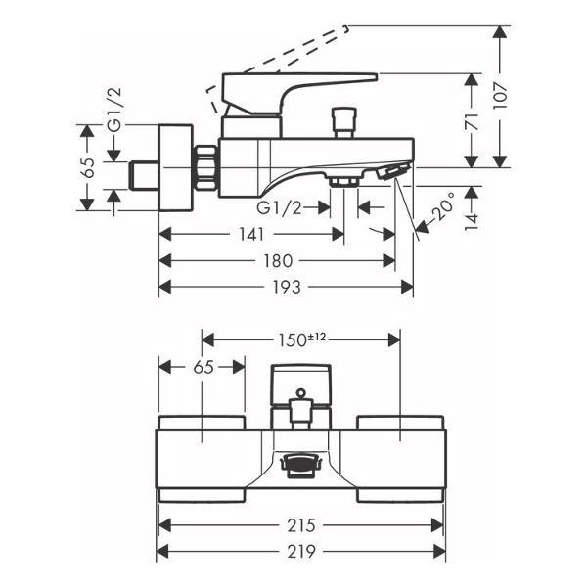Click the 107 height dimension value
500,96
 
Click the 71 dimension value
473,120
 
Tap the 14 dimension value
473,221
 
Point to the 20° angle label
443,206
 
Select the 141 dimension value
251,235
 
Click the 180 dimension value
278,261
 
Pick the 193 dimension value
287,287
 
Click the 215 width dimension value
301,525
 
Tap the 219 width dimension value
301,552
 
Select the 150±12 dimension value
301,339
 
